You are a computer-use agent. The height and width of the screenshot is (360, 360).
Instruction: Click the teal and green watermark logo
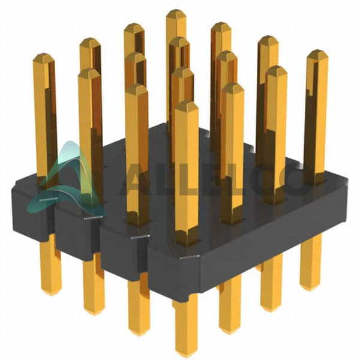67,181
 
